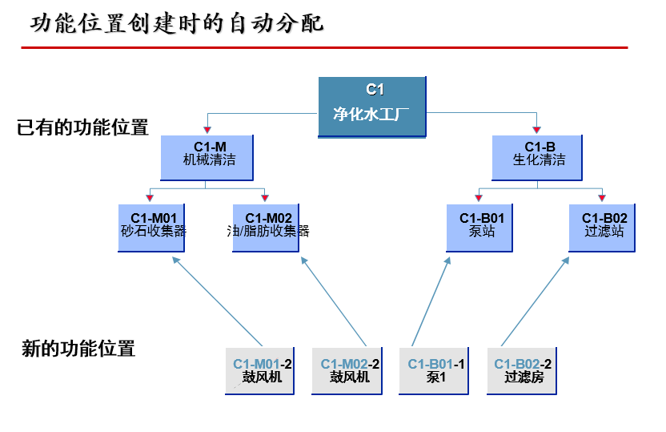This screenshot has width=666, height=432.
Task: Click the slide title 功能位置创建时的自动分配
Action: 177,23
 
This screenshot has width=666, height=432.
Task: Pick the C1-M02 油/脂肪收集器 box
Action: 267,228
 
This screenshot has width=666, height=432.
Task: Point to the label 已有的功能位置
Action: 82,127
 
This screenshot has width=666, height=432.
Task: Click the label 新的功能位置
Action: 78,349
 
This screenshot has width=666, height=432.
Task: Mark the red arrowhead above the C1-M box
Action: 207,128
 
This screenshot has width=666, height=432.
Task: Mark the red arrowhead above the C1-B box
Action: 537,128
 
